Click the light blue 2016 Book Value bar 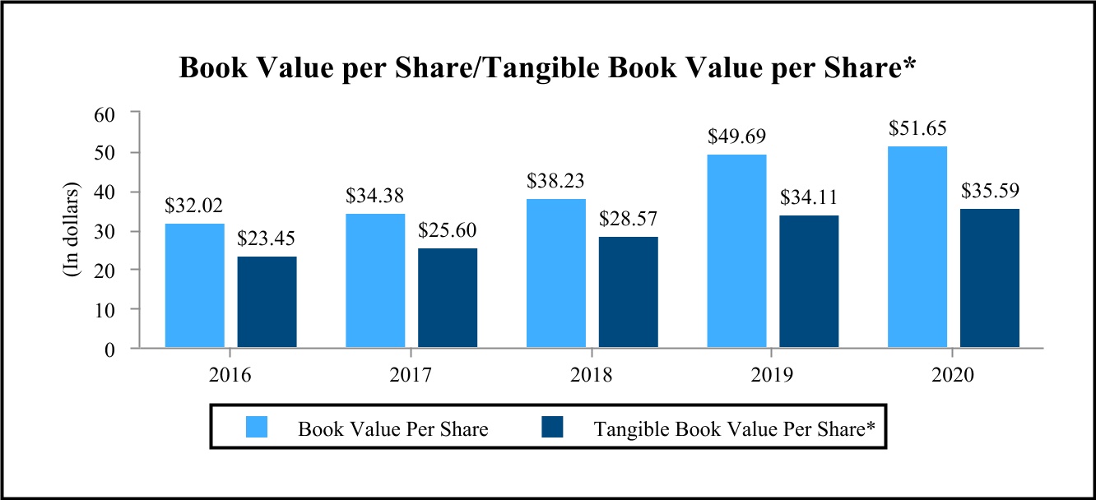coord(194,285)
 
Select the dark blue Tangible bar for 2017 coord(447,298)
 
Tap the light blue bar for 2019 coord(736,251)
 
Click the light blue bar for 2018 coord(555,273)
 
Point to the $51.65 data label coord(917,129)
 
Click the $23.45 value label coord(267,240)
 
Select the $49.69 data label coord(736,137)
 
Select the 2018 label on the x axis coord(592,376)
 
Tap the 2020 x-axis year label coord(953,376)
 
